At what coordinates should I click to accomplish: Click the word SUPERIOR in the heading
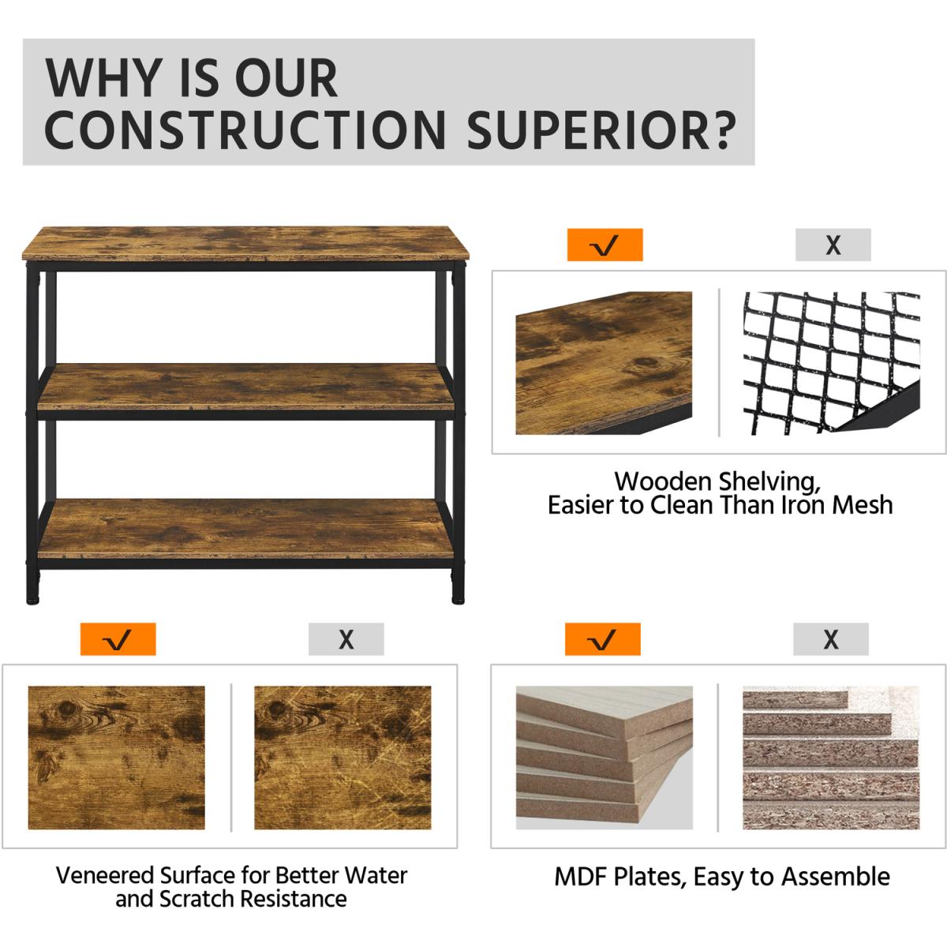[601, 130]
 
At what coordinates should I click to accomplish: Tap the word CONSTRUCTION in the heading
[245, 130]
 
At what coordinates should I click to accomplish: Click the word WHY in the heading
[104, 77]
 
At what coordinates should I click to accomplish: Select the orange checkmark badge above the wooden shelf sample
[605, 244]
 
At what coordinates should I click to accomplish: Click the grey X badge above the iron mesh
[833, 244]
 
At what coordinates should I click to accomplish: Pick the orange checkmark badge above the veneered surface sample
[118, 639]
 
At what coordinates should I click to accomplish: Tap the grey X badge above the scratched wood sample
[346, 639]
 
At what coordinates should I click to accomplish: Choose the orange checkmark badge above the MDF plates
[602, 639]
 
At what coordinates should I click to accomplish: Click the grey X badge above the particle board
[830, 639]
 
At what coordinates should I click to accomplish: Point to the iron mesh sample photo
[832, 363]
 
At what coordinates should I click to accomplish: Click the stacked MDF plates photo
[604, 758]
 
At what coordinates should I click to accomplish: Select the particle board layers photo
[830, 758]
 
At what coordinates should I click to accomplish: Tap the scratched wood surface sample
[342, 758]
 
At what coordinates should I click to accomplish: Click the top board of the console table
[245, 243]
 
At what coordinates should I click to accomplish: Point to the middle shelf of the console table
[245, 387]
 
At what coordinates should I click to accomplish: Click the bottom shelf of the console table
[245, 528]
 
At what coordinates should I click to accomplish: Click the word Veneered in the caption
[105, 875]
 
